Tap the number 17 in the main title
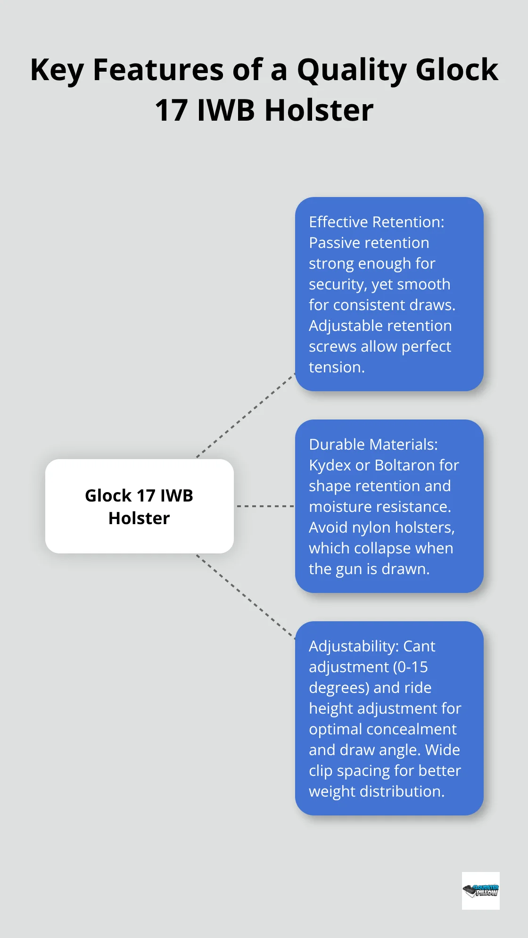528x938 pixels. coord(171,111)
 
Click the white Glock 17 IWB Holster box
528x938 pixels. coord(139,506)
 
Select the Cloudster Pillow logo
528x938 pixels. coord(480,890)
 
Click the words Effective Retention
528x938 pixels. coord(376,222)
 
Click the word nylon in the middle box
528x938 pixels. coord(373,527)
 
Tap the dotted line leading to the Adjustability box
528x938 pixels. coord(245,597)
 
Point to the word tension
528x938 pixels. coord(337,367)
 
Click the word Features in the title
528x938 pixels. coord(158,70)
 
